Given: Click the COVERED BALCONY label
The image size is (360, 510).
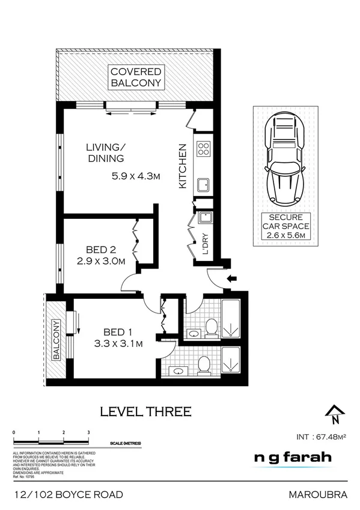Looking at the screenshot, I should tap(136, 78).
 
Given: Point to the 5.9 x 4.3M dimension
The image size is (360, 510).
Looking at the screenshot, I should tap(136, 176).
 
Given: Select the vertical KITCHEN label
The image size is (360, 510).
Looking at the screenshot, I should tap(183, 167).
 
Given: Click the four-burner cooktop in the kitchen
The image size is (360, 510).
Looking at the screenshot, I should tap(203, 147).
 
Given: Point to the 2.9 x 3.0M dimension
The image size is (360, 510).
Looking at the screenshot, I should tap(100, 262).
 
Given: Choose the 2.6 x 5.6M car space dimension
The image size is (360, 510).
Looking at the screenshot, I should tap(288, 235).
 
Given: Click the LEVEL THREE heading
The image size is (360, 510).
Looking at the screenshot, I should tap(145, 412).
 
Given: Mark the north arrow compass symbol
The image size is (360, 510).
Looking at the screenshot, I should tap(335, 413).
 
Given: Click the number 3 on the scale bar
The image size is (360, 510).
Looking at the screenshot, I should tap(88, 432).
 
